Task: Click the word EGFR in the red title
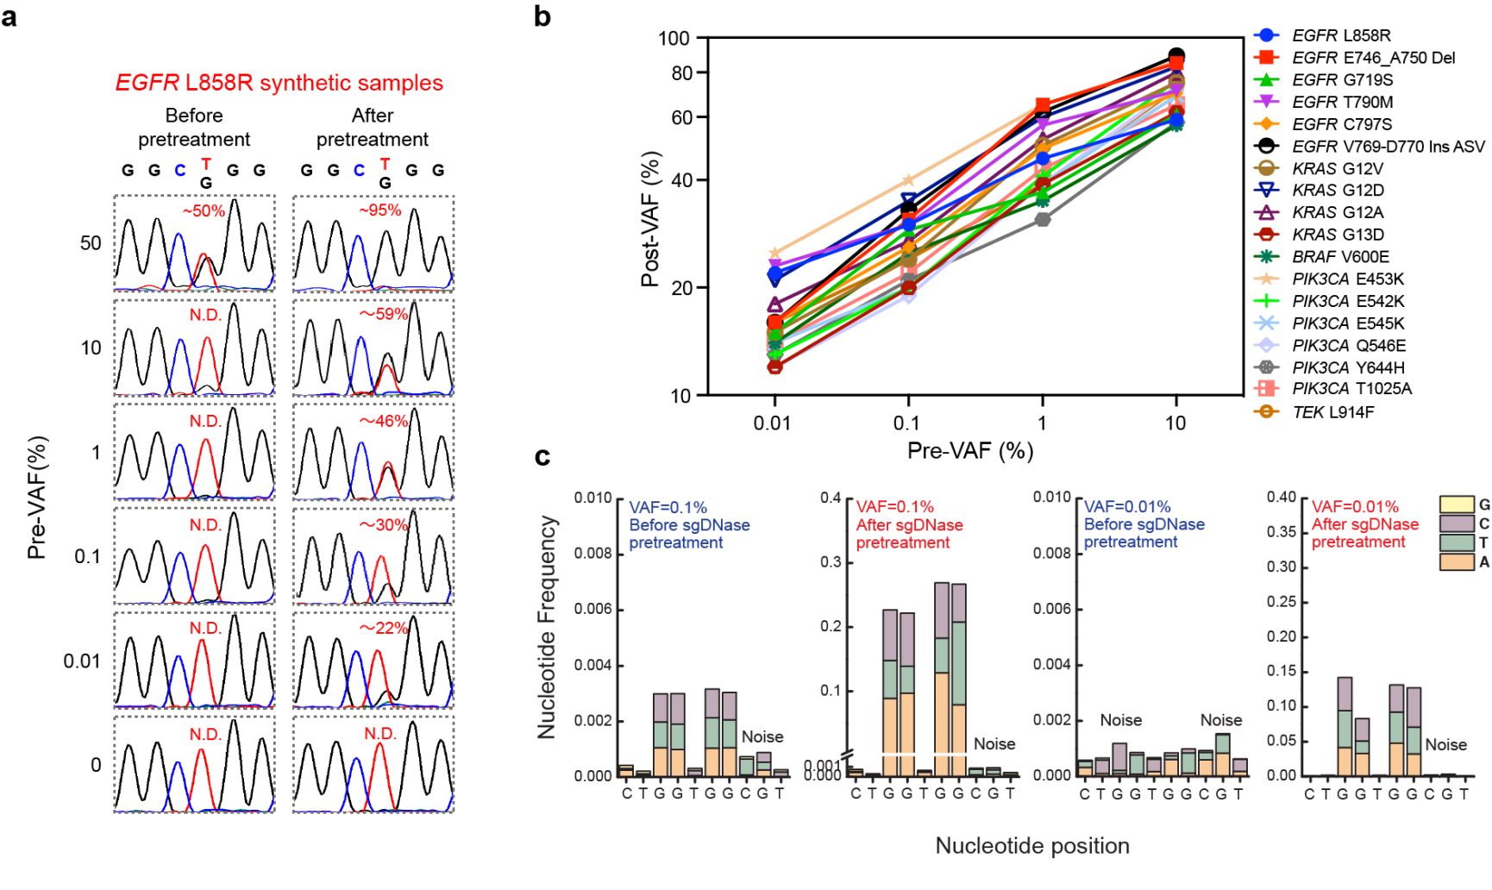(147, 83)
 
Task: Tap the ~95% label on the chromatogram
(380, 210)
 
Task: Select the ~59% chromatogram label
(384, 314)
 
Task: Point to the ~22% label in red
(384, 628)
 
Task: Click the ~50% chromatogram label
(204, 211)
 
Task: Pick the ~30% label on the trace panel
(384, 524)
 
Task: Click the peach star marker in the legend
(1266, 279)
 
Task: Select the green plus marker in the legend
(1266, 301)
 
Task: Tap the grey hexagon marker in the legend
(1266, 367)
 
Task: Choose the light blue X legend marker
(1266, 323)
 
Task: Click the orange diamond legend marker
(1266, 124)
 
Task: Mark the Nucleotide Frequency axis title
(547, 627)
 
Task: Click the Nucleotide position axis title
(1032, 846)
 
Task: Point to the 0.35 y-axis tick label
(1281, 532)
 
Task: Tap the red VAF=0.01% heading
(1355, 507)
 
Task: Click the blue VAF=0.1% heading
(668, 508)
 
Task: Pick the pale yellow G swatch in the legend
(1457, 505)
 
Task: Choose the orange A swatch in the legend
(1457, 561)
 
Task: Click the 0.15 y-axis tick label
(1281, 671)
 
